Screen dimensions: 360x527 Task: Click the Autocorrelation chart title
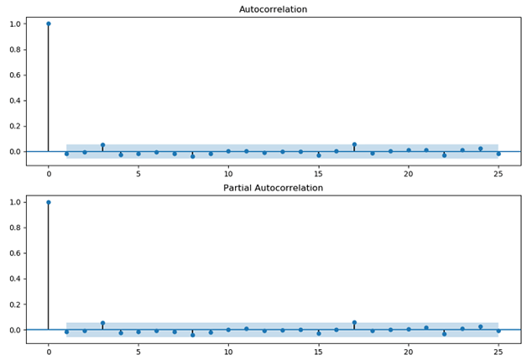[273, 9]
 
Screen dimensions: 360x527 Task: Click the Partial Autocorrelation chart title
[273, 188]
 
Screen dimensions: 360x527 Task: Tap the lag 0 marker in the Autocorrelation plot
[48, 23]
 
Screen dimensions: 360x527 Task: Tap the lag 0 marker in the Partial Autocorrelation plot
[48, 202]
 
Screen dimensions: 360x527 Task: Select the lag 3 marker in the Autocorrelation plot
[102, 145]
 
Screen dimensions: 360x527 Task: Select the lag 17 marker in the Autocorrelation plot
[354, 144]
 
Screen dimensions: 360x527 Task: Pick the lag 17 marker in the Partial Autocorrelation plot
[354, 322]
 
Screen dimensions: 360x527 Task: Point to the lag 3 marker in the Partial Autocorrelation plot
[102, 323]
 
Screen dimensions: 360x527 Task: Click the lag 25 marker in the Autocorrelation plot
[498, 154]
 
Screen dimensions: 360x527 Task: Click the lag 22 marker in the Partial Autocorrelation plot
[444, 334]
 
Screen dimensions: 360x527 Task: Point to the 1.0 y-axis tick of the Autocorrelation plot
[15, 23]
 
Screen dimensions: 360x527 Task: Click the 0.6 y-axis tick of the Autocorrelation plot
[15, 75]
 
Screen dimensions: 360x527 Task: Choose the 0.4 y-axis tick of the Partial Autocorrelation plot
[15, 279]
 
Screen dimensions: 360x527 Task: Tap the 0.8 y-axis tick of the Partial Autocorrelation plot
[15, 227]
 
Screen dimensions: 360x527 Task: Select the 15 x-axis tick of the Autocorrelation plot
[318, 173]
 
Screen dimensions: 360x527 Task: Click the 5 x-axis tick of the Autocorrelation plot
[138, 173]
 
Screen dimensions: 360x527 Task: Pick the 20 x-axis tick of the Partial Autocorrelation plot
[408, 352]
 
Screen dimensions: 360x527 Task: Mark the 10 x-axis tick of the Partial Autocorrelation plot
[228, 352]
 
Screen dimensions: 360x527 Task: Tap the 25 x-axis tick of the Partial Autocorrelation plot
[498, 352]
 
